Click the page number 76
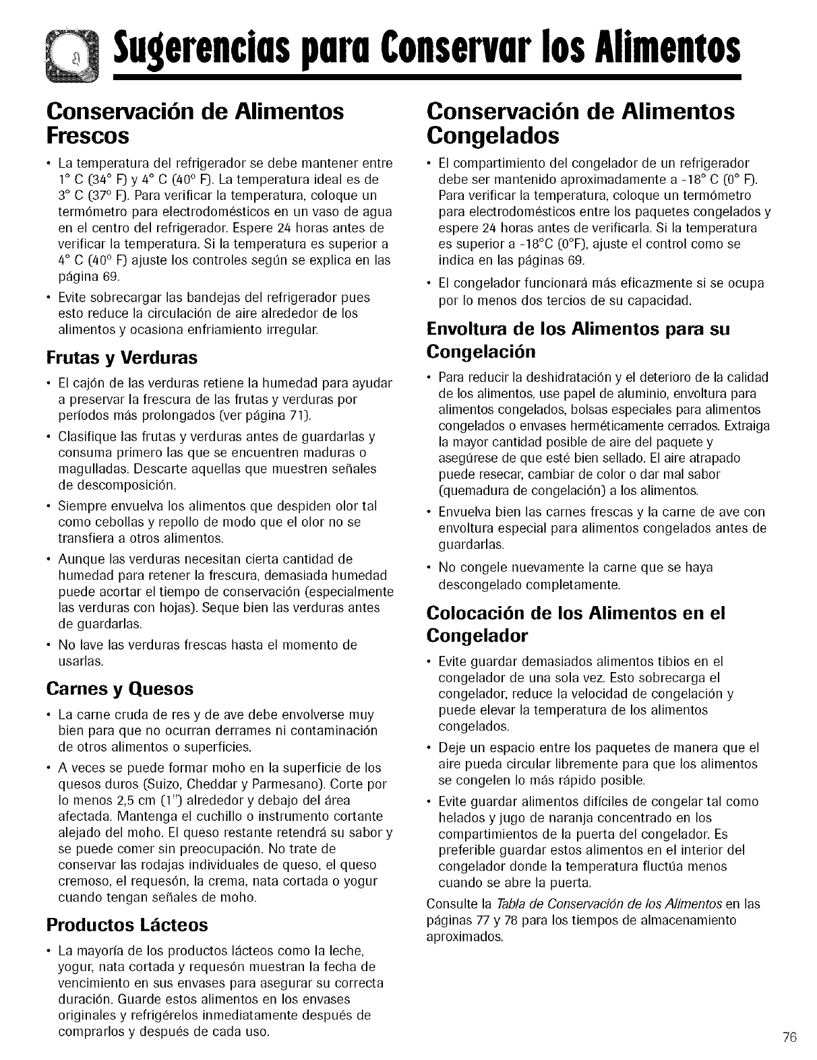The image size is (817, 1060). [790, 1037]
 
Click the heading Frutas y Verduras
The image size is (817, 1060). [121, 356]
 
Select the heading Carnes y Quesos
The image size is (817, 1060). [120, 689]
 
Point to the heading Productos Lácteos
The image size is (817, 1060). [127, 925]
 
